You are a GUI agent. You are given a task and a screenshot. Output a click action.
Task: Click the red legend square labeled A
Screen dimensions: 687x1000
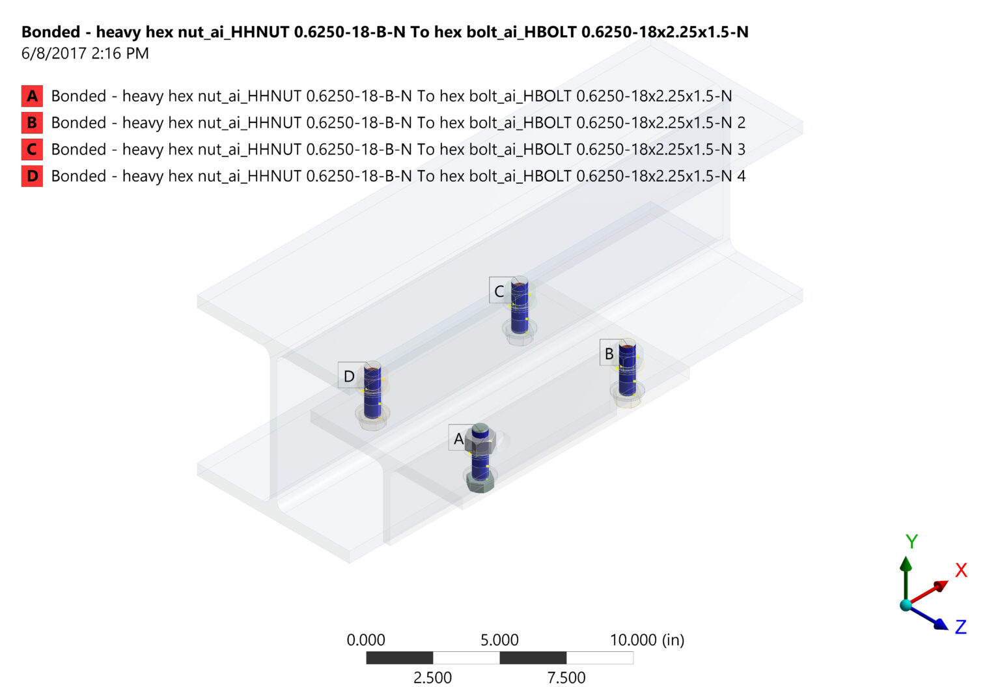pos(32,96)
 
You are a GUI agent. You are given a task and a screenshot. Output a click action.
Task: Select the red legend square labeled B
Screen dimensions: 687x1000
pos(32,122)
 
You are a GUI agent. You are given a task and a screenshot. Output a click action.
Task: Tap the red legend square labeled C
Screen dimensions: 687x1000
pos(32,149)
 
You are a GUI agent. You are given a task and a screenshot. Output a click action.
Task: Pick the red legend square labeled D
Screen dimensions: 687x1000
pos(32,176)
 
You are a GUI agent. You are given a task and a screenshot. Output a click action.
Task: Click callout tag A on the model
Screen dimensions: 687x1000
pos(458,439)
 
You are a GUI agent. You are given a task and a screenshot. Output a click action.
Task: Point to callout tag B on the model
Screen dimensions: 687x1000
pos(609,354)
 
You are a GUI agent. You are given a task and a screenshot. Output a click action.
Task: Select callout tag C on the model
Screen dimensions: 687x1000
pos(499,291)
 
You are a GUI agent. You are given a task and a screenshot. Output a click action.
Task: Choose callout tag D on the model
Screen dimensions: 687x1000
pos(349,376)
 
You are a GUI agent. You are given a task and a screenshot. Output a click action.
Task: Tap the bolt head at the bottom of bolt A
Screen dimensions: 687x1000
pos(480,482)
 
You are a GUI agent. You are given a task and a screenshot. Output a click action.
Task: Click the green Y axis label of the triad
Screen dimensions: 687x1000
pos(911,541)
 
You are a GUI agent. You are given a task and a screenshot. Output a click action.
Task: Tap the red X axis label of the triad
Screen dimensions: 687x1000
pos(961,570)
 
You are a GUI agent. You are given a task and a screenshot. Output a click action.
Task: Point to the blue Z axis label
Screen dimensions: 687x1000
pos(960,627)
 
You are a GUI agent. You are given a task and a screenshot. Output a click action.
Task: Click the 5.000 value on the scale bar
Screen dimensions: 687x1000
pos(499,640)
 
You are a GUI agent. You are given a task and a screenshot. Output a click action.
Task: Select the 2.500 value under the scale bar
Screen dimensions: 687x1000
pos(432,678)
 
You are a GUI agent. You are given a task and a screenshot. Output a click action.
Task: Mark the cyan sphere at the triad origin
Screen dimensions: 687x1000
pos(906,605)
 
